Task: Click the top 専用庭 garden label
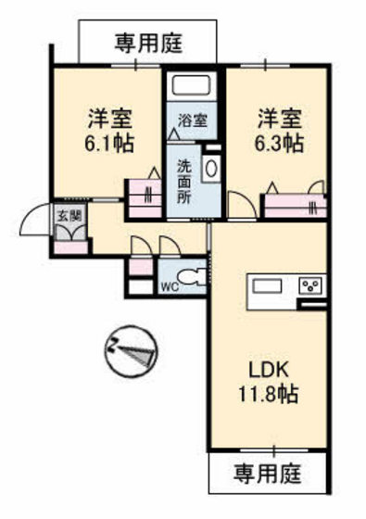[x=148, y=42]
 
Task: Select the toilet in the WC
[x=192, y=278]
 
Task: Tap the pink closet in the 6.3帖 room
[x=295, y=203]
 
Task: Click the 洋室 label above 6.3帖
[x=279, y=119]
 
